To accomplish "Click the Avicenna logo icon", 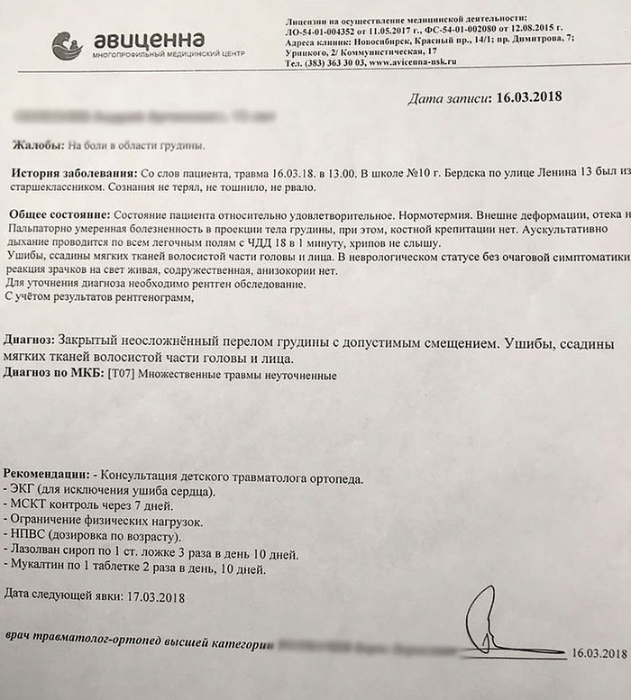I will pos(68,46).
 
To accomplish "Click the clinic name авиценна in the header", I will pos(149,40).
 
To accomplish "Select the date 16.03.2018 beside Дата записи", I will pos(524,96).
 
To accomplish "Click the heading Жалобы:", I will pos(39,144).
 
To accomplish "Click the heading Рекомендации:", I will pos(46,475).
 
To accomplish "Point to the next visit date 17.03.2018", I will pos(154,595).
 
